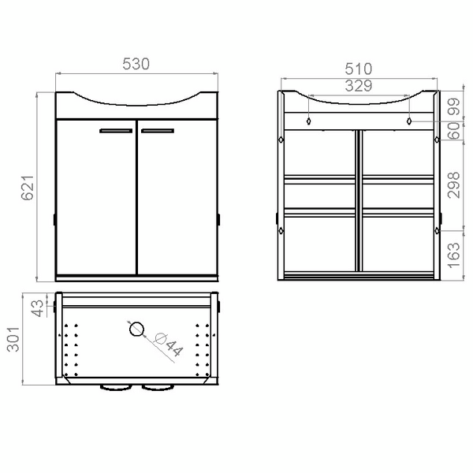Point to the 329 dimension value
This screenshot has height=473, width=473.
click(358, 87)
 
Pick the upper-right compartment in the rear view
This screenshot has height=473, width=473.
click(397, 152)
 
